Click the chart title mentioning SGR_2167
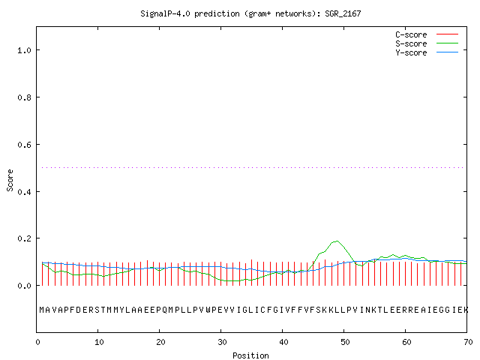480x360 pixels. click(x=250, y=13)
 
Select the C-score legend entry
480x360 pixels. click(x=427, y=34)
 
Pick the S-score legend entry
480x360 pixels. click(x=427, y=43)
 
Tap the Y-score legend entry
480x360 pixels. click(x=427, y=52)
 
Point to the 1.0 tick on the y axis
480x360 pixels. click(x=24, y=50)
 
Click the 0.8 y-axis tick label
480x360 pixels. click(x=24, y=97)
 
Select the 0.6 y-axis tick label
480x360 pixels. click(x=24, y=145)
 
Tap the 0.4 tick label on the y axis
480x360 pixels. click(x=24, y=192)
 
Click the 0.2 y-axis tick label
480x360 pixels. click(x=24, y=238)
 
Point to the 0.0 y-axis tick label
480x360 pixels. click(x=24, y=286)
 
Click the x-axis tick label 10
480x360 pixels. click(x=98, y=342)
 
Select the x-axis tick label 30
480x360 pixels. click(x=222, y=342)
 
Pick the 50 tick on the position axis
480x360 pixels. click(x=345, y=342)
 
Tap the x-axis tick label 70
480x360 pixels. click(x=468, y=342)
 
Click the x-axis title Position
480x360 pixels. click(x=250, y=355)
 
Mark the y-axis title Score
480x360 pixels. click(x=10, y=180)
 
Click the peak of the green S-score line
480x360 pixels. click(x=337, y=241)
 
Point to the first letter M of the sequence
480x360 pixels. click(x=42, y=310)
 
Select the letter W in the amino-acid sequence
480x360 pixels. click(x=208, y=310)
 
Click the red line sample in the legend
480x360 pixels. click(x=447, y=34)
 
